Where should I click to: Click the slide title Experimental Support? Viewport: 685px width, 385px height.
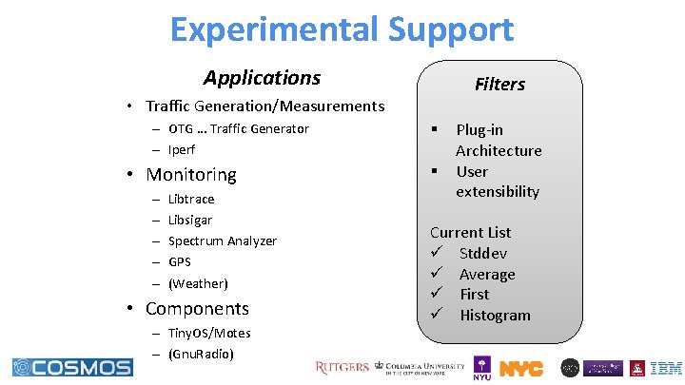pos(342,29)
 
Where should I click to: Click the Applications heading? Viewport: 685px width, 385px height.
pos(262,78)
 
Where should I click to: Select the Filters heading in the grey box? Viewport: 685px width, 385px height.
pos(499,85)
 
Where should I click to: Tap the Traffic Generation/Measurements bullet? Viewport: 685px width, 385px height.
pos(264,106)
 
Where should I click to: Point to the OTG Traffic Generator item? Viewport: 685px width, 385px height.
pos(238,128)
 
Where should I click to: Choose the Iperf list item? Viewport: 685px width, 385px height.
pos(182,150)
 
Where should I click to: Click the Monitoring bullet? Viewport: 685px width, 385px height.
pos(190,175)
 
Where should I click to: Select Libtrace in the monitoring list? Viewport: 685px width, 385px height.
pos(190,199)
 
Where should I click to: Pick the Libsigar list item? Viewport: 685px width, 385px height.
pos(189,220)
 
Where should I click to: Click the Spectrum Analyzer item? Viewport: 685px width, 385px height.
pos(222,241)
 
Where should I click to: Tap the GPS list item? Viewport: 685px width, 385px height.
pos(179,262)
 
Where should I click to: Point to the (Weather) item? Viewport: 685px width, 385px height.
pos(197,283)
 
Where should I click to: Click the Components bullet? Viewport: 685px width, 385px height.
pos(196,309)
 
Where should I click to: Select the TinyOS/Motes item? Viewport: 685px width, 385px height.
pos(208,333)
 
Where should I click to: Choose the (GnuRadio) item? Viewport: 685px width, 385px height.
pos(200,354)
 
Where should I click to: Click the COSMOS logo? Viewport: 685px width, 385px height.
pos(72,367)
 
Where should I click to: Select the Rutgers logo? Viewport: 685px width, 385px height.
pos(342,368)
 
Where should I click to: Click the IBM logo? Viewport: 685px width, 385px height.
pos(666,368)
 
